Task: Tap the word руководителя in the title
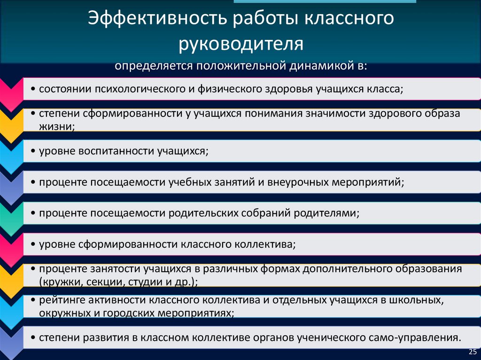[241, 45]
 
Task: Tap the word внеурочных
[298, 182]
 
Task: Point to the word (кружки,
[58, 282]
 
